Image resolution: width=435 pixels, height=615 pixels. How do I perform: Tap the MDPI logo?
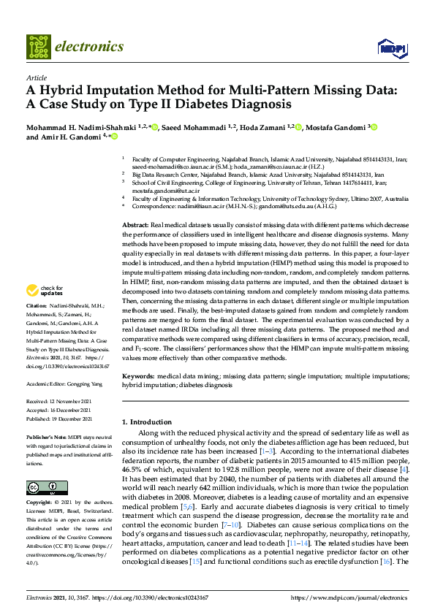point(389,48)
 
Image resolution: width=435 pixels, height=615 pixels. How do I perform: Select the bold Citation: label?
point(37,325)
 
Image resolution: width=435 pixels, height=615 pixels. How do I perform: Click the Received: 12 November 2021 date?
point(60,402)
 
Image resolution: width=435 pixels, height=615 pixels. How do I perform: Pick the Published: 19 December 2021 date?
point(60,419)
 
